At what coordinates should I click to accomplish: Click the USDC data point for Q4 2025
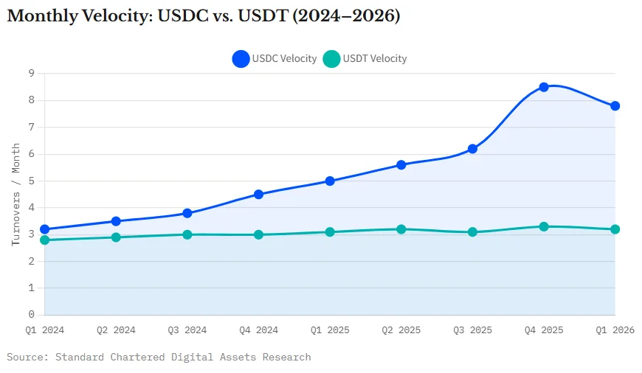coord(544,87)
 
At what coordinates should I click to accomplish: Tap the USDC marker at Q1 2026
coord(615,105)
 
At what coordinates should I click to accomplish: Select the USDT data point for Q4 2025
coord(544,226)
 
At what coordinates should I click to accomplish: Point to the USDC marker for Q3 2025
coord(472,149)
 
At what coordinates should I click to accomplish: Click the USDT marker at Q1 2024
coord(44,240)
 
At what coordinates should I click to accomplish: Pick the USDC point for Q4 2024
coord(258,195)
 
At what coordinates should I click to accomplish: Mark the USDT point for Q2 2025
coord(401,229)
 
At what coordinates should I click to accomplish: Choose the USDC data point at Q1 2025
coord(330,181)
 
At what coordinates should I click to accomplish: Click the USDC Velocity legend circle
coord(241,59)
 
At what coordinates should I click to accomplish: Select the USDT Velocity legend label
coord(375,59)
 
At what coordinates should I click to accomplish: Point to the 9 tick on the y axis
coord(32,73)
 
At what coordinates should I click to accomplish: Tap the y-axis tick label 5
coord(32,181)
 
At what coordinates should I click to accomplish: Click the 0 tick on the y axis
coord(32,315)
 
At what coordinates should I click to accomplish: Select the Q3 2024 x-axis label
coord(187,330)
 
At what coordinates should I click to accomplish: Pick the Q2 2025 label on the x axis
coord(401,330)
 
